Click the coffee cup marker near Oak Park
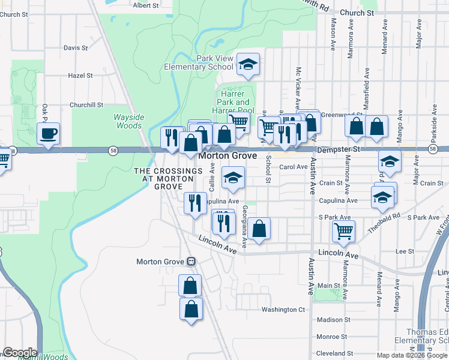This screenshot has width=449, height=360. pos(49,133)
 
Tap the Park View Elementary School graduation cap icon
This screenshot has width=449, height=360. pos(247,64)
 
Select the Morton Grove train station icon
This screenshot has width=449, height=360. pos(191,261)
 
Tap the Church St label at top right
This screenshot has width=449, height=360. pos(356,12)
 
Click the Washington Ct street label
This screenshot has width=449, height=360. pos(283,310)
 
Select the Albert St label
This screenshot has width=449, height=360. pos(145,5)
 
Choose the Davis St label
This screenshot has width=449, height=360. pos(76,47)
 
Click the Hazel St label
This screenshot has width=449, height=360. pos(80,76)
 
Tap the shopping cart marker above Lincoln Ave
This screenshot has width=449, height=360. pos(343,230)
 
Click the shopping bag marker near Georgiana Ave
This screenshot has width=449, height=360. pos(259,229)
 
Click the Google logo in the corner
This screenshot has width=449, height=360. pos(20,353)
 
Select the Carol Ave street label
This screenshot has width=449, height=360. pos(294,167)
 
